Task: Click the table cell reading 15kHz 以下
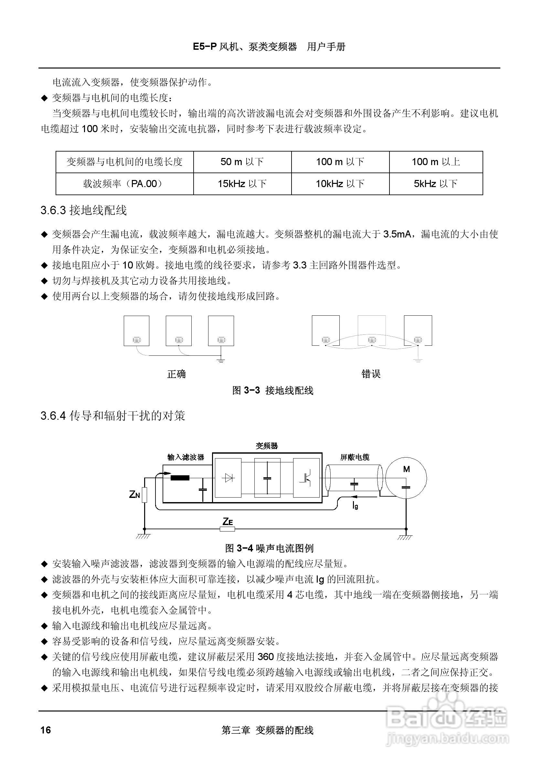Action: [242, 184]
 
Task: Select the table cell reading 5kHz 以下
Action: [435, 184]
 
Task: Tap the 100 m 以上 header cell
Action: [435, 162]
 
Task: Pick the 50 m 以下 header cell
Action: [242, 162]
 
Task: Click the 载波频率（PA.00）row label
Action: [124, 184]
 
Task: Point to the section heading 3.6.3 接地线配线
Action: [84, 210]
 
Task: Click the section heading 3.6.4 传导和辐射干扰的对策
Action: [112, 416]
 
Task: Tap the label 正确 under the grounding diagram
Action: [176, 374]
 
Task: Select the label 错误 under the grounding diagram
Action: [371, 374]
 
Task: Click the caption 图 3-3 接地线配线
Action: [273, 390]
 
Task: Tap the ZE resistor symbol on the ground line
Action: [228, 529]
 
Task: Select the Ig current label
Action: [356, 505]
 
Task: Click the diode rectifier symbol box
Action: [228, 478]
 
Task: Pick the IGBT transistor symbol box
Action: [306, 478]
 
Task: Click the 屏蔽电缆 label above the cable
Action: [355, 457]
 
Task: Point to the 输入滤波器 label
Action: [186, 457]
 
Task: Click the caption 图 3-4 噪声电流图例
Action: [269, 548]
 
